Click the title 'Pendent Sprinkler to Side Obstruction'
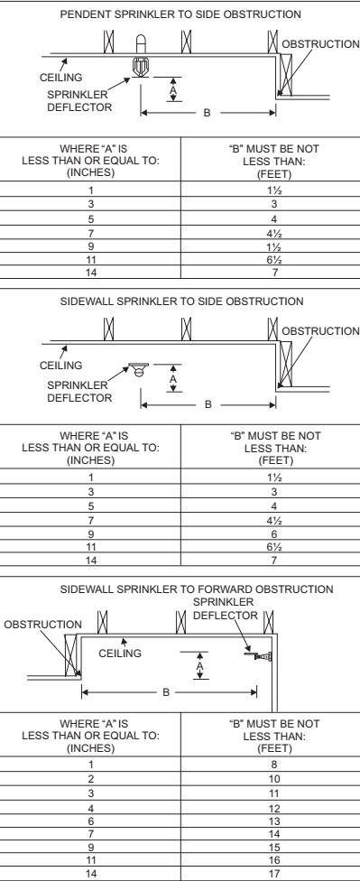point(181,16)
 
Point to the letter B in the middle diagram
point(209,403)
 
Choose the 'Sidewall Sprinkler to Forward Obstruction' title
point(181,588)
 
